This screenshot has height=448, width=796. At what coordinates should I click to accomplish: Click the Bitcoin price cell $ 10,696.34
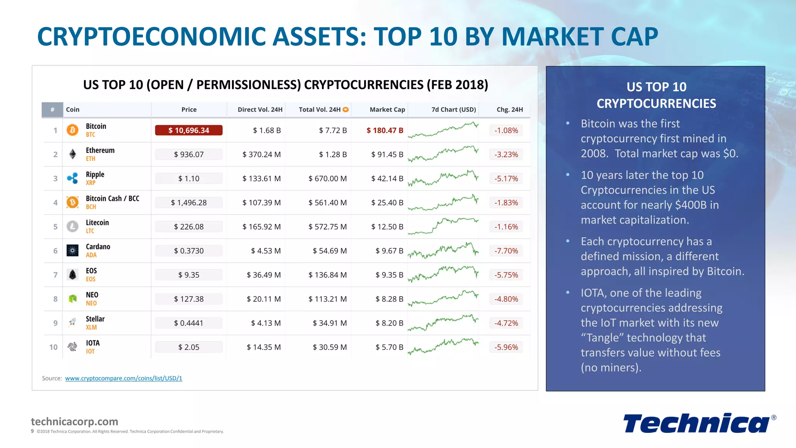coord(189,130)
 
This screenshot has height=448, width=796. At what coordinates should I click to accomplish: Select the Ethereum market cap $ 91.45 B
coord(387,154)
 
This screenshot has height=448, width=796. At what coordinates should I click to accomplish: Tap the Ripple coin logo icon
coord(72,178)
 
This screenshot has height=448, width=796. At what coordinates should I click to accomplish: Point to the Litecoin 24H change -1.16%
coord(506,227)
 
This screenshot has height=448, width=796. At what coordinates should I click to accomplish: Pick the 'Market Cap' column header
coord(387,110)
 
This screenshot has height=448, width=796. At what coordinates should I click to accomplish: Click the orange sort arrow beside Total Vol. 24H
coord(346,110)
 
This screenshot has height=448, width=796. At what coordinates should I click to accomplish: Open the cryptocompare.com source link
coord(124,378)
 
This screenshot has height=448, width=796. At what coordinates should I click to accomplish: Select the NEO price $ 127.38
coord(189,299)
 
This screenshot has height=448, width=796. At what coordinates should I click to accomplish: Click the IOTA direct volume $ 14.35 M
coord(264,347)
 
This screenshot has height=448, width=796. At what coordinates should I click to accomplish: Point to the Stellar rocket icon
coord(72,322)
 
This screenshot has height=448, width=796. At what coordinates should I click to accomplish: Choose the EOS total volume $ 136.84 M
coord(327,275)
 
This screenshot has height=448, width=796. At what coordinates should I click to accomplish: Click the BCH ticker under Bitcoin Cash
coord(91,207)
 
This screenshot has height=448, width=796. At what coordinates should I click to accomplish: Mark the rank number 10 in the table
coord(53,347)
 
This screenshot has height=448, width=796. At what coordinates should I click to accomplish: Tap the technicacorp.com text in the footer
coord(74,422)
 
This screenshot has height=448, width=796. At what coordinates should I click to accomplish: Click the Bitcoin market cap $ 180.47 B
coord(385,130)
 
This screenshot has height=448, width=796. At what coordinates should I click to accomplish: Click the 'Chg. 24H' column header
coord(510,110)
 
